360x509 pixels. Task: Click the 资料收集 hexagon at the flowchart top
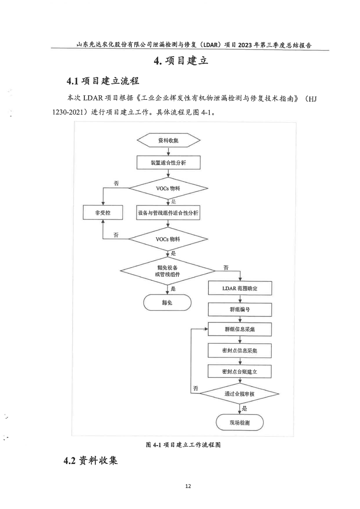169,140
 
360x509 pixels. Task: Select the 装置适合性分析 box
169,163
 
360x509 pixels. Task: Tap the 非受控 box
103,213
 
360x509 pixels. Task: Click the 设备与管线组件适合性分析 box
168,213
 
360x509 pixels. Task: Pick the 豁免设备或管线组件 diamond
168,271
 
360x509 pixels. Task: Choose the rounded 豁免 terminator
167,303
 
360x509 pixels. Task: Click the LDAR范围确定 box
240,288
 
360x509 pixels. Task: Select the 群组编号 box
240,309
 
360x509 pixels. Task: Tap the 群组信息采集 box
240,329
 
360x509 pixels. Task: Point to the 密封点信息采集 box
240,350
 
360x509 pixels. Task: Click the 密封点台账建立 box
240,372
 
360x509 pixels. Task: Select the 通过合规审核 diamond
239,394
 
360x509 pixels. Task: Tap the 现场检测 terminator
240,423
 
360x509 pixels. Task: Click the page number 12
188,486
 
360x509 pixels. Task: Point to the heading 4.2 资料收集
91,461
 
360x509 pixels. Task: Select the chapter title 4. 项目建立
181,61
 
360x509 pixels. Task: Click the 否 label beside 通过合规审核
196,388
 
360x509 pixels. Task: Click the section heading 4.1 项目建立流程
103,81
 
